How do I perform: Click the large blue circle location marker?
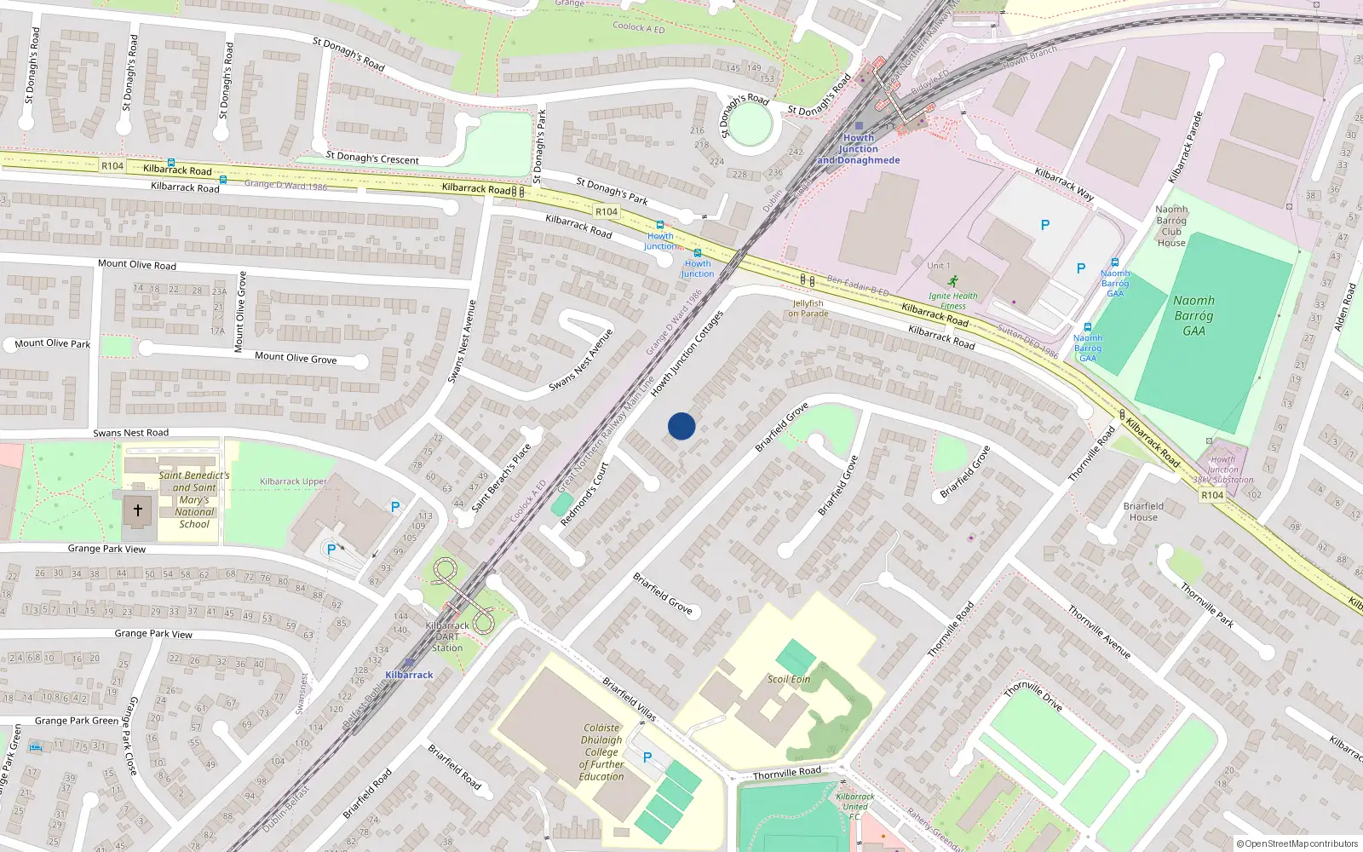(x=681, y=426)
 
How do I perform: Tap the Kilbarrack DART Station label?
(x=447, y=636)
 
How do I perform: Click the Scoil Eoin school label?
(x=789, y=679)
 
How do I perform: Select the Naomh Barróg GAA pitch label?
(x=1193, y=315)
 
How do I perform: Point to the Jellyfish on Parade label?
(x=808, y=308)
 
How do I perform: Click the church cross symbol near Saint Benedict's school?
(x=138, y=510)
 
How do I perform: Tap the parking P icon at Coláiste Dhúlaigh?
(x=647, y=757)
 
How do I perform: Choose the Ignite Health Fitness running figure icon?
(x=953, y=281)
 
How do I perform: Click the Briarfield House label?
(x=1143, y=511)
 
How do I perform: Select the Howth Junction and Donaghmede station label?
(x=859, y=149)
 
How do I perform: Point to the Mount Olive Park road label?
(x=52, y=343)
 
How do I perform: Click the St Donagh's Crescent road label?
(x=372, y=158)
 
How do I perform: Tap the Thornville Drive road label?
(x=1033, y=696)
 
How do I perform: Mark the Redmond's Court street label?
(x=584, y=493)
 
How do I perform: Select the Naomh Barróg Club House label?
(x=1171, y=226)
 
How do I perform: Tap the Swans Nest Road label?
(x=130, y=433)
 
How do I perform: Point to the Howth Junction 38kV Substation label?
(x=1222, y=469)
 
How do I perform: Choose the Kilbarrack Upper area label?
(x=293, y=481)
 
